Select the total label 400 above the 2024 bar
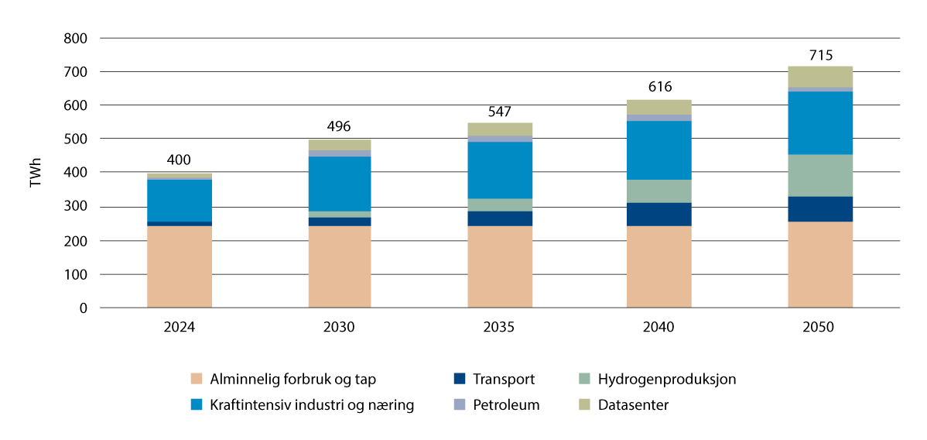(x=180, y=160)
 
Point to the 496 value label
(x=340, y=127)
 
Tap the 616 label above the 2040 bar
(x=659, y=87)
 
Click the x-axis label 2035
(x=499, y=328)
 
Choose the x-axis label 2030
(x=340, y=328)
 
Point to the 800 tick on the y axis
(x=75, y=38)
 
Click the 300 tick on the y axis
(x=75, y=207)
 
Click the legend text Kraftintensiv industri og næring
(x=313, y=404)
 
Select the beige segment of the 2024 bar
(x=180, y=266)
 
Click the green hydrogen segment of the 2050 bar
(x=820, y=175)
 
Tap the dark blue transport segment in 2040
(x=659, y=214)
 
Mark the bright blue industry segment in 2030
(x=340, y=184)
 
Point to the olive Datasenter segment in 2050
(x=820, y=77)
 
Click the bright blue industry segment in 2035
(x=499, y=170)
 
